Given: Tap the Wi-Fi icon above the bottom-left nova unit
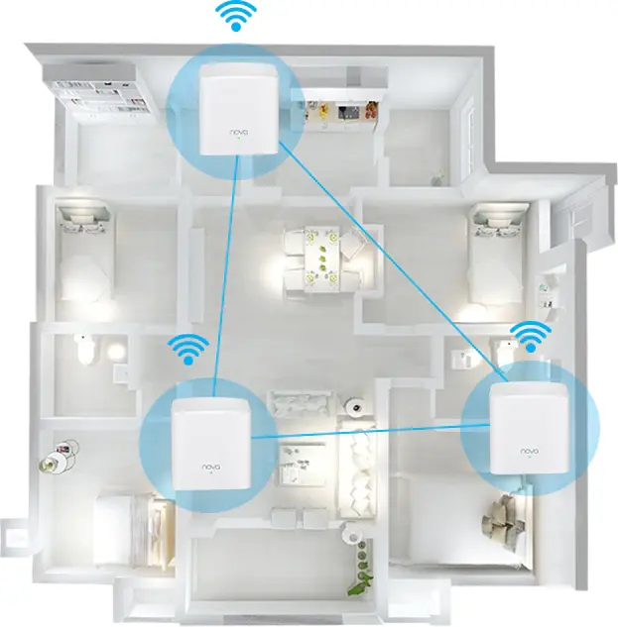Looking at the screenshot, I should pyautogui.click(x=187, y=348).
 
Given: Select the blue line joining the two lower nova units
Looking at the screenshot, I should pyautogui.click(x=357, y=432).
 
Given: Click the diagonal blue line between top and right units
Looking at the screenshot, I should pyautogui.click(x=387, y=258).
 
